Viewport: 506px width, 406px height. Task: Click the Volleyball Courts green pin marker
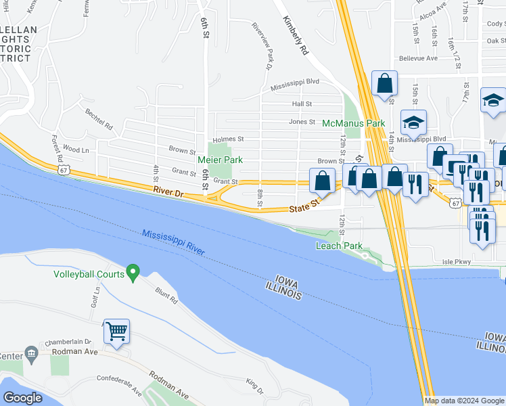coord(133,273)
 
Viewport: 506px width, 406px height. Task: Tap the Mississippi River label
coord(173,242)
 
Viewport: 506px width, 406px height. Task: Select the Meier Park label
coord(219,160)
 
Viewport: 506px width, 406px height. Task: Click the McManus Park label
coord(353,123)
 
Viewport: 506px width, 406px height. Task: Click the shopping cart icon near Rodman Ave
coord(116,332)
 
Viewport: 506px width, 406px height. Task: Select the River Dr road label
coord(168,194)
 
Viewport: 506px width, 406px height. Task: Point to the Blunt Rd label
coord(166,296)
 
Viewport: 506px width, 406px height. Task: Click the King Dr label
coord(254,386)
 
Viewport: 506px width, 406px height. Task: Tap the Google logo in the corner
coord(23,397)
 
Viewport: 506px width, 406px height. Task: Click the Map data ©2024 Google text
coord(464,401)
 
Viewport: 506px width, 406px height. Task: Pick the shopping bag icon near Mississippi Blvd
coord(384,85)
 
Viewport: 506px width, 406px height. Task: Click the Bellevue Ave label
coord(417,58)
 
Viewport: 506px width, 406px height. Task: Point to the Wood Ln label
coord(75,149)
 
